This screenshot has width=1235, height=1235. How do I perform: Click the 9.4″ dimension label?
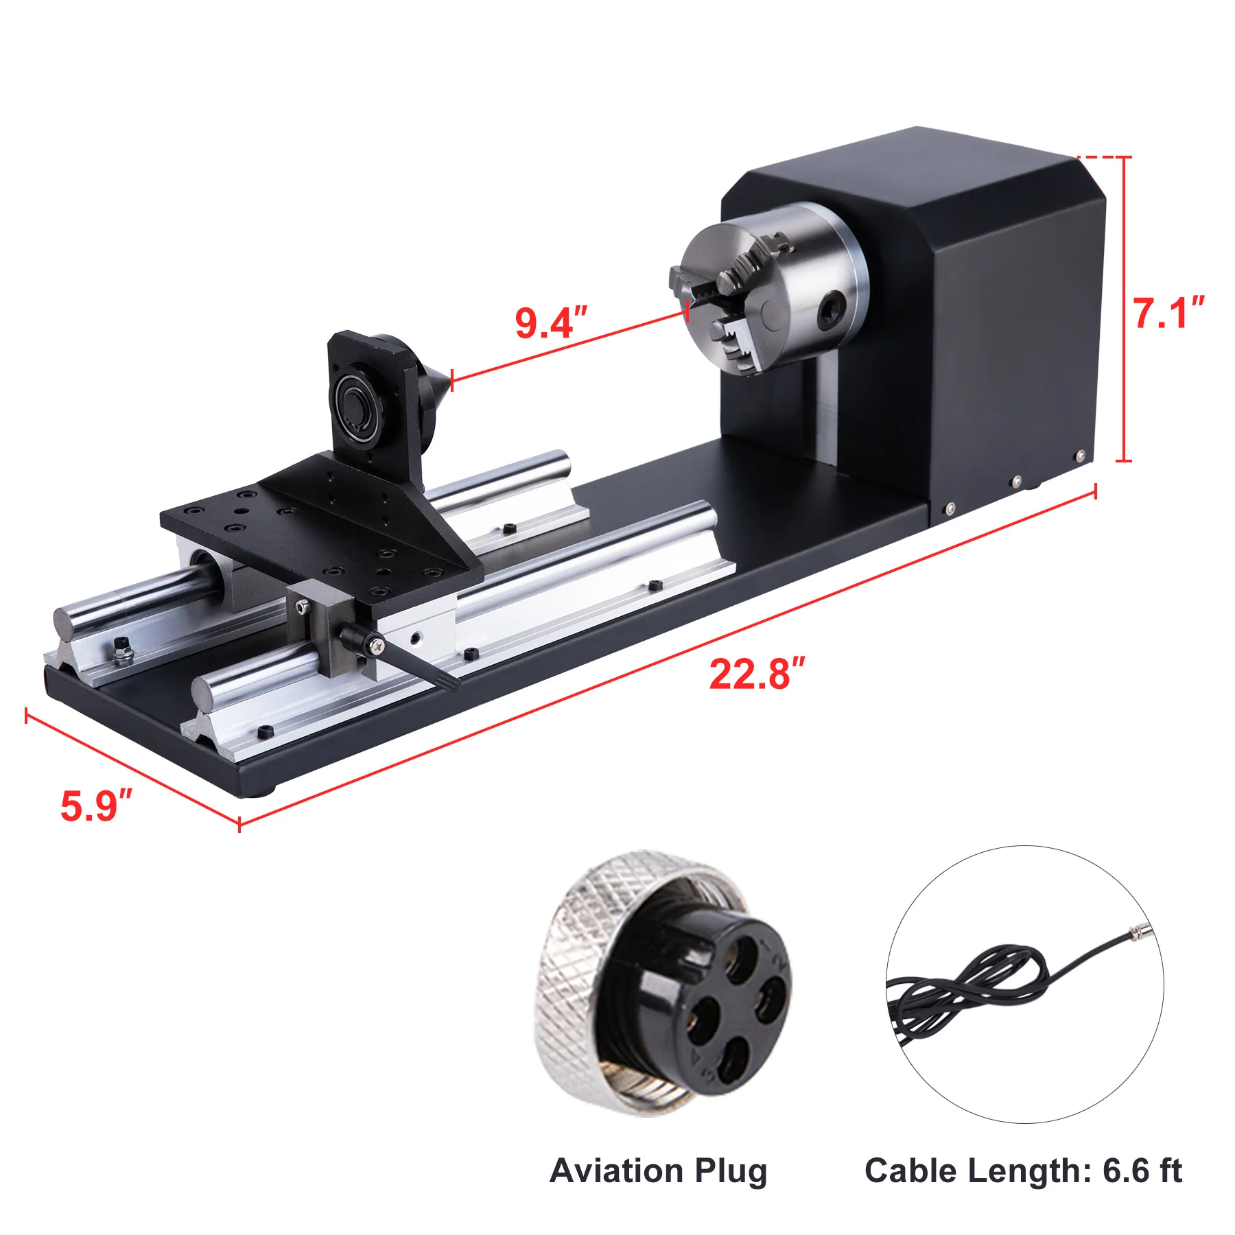552,322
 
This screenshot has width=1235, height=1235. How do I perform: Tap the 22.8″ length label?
757,674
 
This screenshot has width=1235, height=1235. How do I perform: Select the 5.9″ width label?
96,805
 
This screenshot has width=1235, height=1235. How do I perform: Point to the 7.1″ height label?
1168,313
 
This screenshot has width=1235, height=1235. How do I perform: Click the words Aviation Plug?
658,1171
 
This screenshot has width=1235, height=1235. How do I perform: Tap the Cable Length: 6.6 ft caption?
1023,1171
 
